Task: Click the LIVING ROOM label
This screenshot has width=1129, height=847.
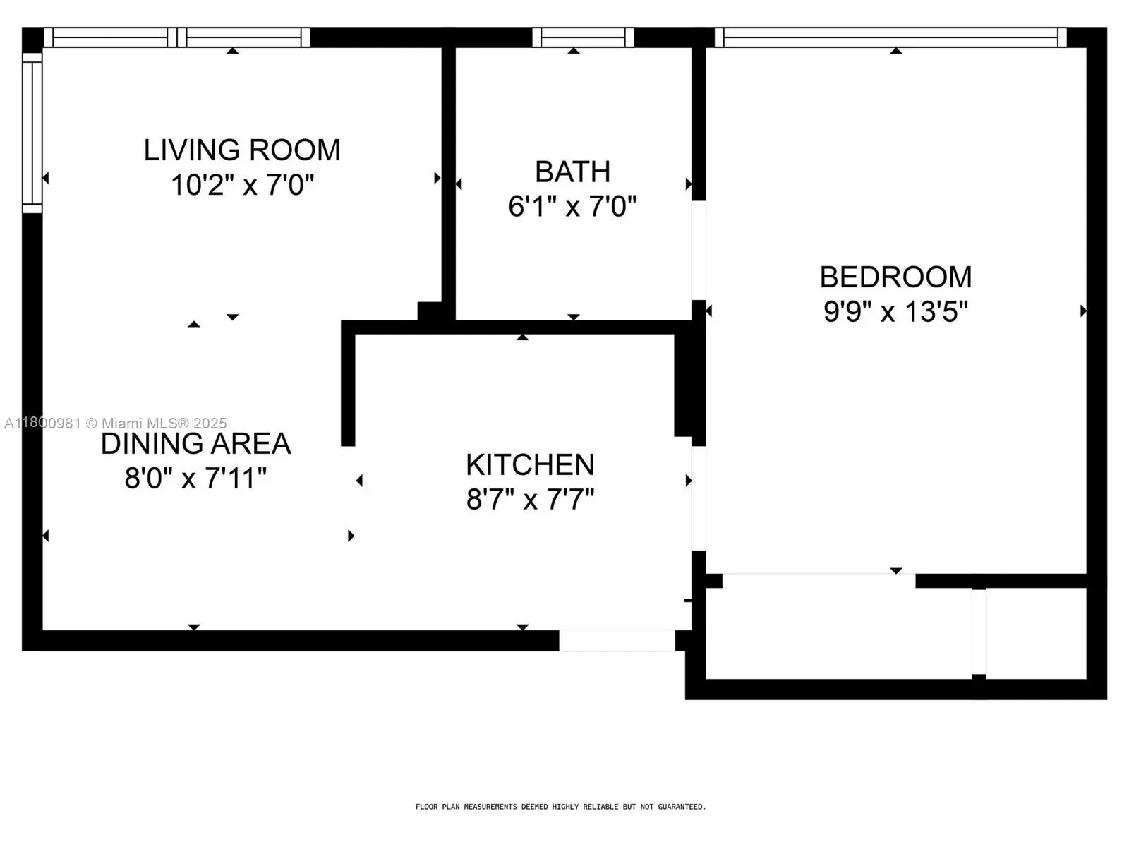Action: pos(242,150)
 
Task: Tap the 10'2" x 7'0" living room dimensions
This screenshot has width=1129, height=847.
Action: pos(242,185)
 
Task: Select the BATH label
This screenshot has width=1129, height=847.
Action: pos(572,172)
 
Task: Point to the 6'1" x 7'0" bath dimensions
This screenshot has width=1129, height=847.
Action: pos(572,206)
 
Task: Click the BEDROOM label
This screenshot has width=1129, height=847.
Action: pos(895,277)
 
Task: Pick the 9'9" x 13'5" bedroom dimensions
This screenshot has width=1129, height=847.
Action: pos(895,312)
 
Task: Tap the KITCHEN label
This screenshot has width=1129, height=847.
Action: pos(531,465)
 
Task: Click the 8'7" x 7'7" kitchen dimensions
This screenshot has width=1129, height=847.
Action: pos(531,499)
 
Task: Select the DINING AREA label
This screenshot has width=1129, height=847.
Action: pos(195,444)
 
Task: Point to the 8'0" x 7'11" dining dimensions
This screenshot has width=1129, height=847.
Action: pos(195,479)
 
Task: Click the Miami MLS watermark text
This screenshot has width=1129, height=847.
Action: pos(115,423)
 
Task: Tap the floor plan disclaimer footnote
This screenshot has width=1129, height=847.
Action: pos(561,807)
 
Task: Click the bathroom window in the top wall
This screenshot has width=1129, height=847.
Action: pos(583,37)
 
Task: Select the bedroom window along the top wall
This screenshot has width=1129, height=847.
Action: pos(891,37)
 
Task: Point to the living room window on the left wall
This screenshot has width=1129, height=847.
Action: pos(32,133)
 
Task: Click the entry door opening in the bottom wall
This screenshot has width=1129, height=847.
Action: pos(617,641)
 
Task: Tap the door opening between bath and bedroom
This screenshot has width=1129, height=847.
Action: pos(699,251)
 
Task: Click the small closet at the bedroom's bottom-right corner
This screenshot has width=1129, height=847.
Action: pos(1037,634)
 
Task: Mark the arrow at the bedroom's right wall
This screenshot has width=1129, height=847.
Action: pos(1082,311)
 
